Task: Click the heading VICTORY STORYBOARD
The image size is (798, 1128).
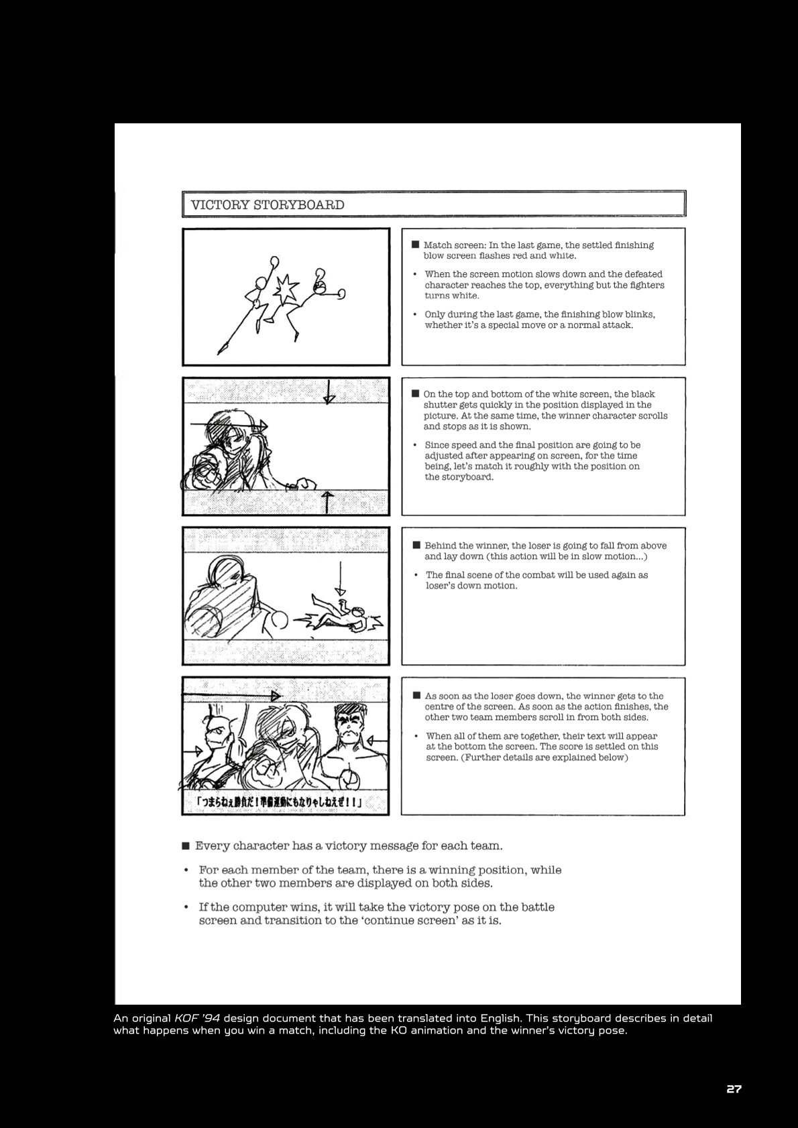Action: point(268,205)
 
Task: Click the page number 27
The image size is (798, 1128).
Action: point(734,1088)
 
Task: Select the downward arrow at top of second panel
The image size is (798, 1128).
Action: point(329,392)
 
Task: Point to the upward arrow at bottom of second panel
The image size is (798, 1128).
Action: point(327,502)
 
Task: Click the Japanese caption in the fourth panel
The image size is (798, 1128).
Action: point(280,802)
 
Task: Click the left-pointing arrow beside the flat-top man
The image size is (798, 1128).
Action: point(378,741)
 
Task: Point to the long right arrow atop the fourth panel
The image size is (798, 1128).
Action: point(231,696)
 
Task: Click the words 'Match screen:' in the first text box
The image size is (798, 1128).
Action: point(455,245)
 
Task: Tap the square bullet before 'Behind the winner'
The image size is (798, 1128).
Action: point(416,545)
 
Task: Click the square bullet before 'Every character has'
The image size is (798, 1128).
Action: point(186,845)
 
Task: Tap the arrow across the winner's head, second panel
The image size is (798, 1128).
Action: point(229,426)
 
